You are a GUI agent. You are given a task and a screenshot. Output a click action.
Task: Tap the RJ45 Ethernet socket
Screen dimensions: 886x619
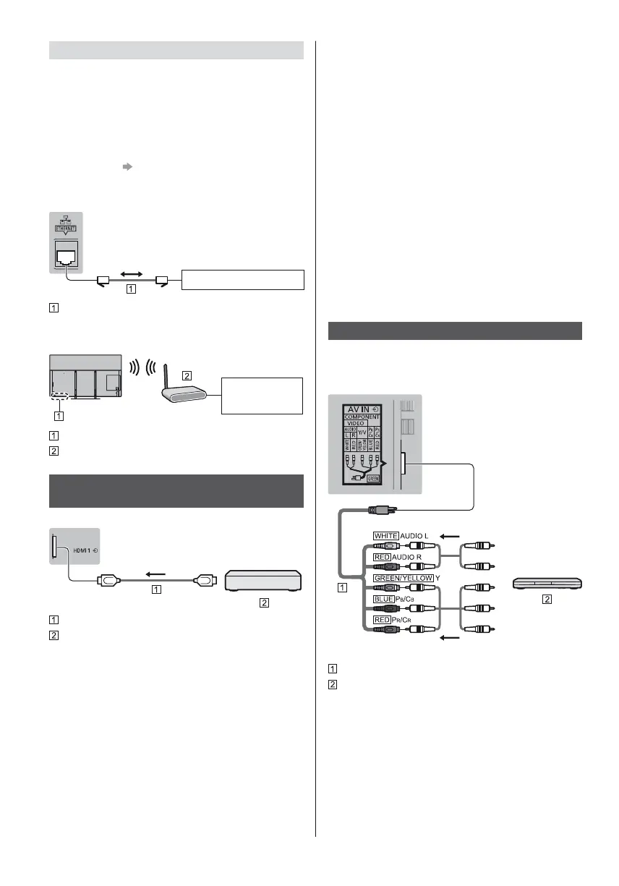pyautogui.click(x=66, y=253)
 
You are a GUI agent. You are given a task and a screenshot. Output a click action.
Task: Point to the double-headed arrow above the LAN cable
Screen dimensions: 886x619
pyautogui.click(x=131, y=274)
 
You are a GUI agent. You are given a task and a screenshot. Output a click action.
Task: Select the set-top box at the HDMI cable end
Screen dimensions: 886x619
pyautogui.click(x=264, y=581)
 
